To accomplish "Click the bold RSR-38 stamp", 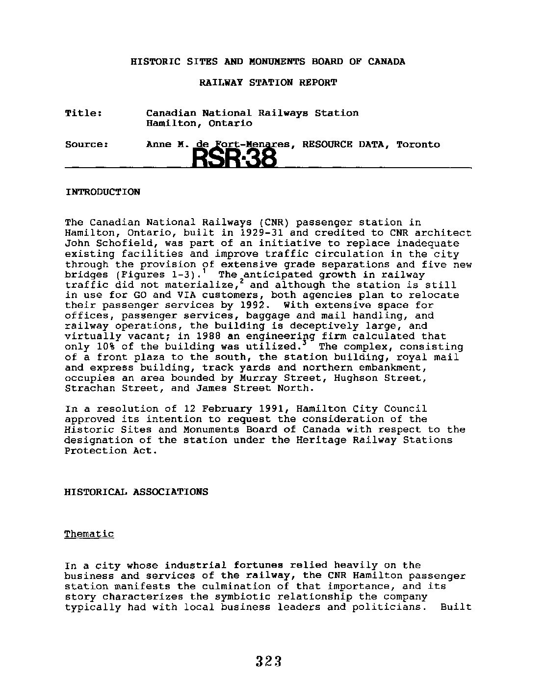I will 234,158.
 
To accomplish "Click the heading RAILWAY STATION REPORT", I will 268,82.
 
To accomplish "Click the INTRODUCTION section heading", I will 102,192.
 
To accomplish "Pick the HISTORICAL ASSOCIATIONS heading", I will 136,492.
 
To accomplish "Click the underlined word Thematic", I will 89,534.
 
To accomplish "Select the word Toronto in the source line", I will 418,145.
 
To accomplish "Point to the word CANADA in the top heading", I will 386,62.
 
